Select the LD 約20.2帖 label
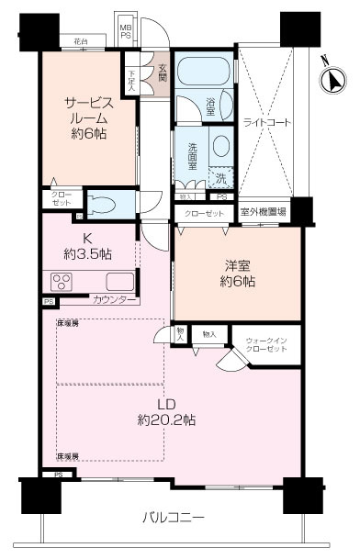(165, 412)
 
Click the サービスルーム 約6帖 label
(86, 118)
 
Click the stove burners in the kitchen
(62, 281)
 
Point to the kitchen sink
(119, 280)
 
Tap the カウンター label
(115, 300)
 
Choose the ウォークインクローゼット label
(267, 346)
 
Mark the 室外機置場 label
(263, 212)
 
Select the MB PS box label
(127, 32)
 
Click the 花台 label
(81, 41)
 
